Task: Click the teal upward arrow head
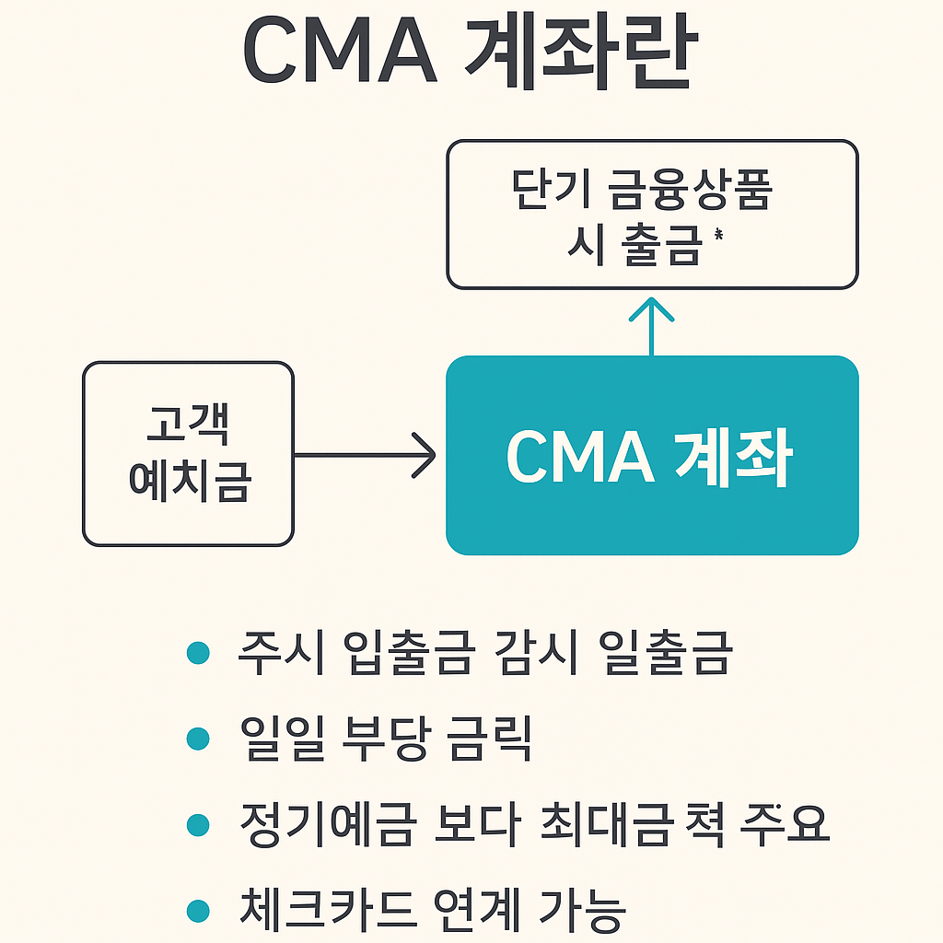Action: tap(652, 309)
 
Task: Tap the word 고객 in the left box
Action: tap(188, 425)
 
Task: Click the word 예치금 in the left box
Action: tap(188, 482)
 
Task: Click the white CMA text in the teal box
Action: tap(580, 458)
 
